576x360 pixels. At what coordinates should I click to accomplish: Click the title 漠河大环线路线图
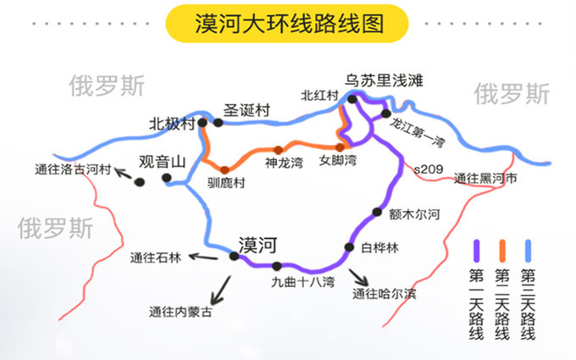[289, 24]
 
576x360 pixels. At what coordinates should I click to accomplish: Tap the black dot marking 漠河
[234, 256]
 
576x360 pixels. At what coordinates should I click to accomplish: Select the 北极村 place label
[172, 125]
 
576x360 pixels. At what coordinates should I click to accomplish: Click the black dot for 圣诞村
[219, 123]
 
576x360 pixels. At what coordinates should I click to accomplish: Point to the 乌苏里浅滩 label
[384, 80]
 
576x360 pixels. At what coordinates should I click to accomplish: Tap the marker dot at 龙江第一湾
[385, 114]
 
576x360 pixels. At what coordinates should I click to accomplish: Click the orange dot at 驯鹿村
[224, 169]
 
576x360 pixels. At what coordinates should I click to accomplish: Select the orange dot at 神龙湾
[279, 150]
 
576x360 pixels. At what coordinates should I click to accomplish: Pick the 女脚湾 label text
[338, 161]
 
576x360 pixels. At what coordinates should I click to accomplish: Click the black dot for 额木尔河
[377, 212]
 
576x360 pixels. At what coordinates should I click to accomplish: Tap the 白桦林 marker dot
[349, 247]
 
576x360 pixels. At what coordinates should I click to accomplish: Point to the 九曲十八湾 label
[302, 282]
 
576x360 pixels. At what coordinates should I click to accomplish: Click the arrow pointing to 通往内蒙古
[220, 291]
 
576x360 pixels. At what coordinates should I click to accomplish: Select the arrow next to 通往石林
[203, 257]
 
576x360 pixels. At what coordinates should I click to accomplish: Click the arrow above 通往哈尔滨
[358, 277]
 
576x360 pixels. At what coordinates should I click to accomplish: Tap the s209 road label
[429, 169]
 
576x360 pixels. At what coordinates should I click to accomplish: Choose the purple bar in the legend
[476, 251]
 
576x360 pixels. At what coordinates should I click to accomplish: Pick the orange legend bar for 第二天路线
[502, 251]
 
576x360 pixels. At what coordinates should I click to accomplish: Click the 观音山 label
[162, 162]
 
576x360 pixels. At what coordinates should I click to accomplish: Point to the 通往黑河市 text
[485, 179]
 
